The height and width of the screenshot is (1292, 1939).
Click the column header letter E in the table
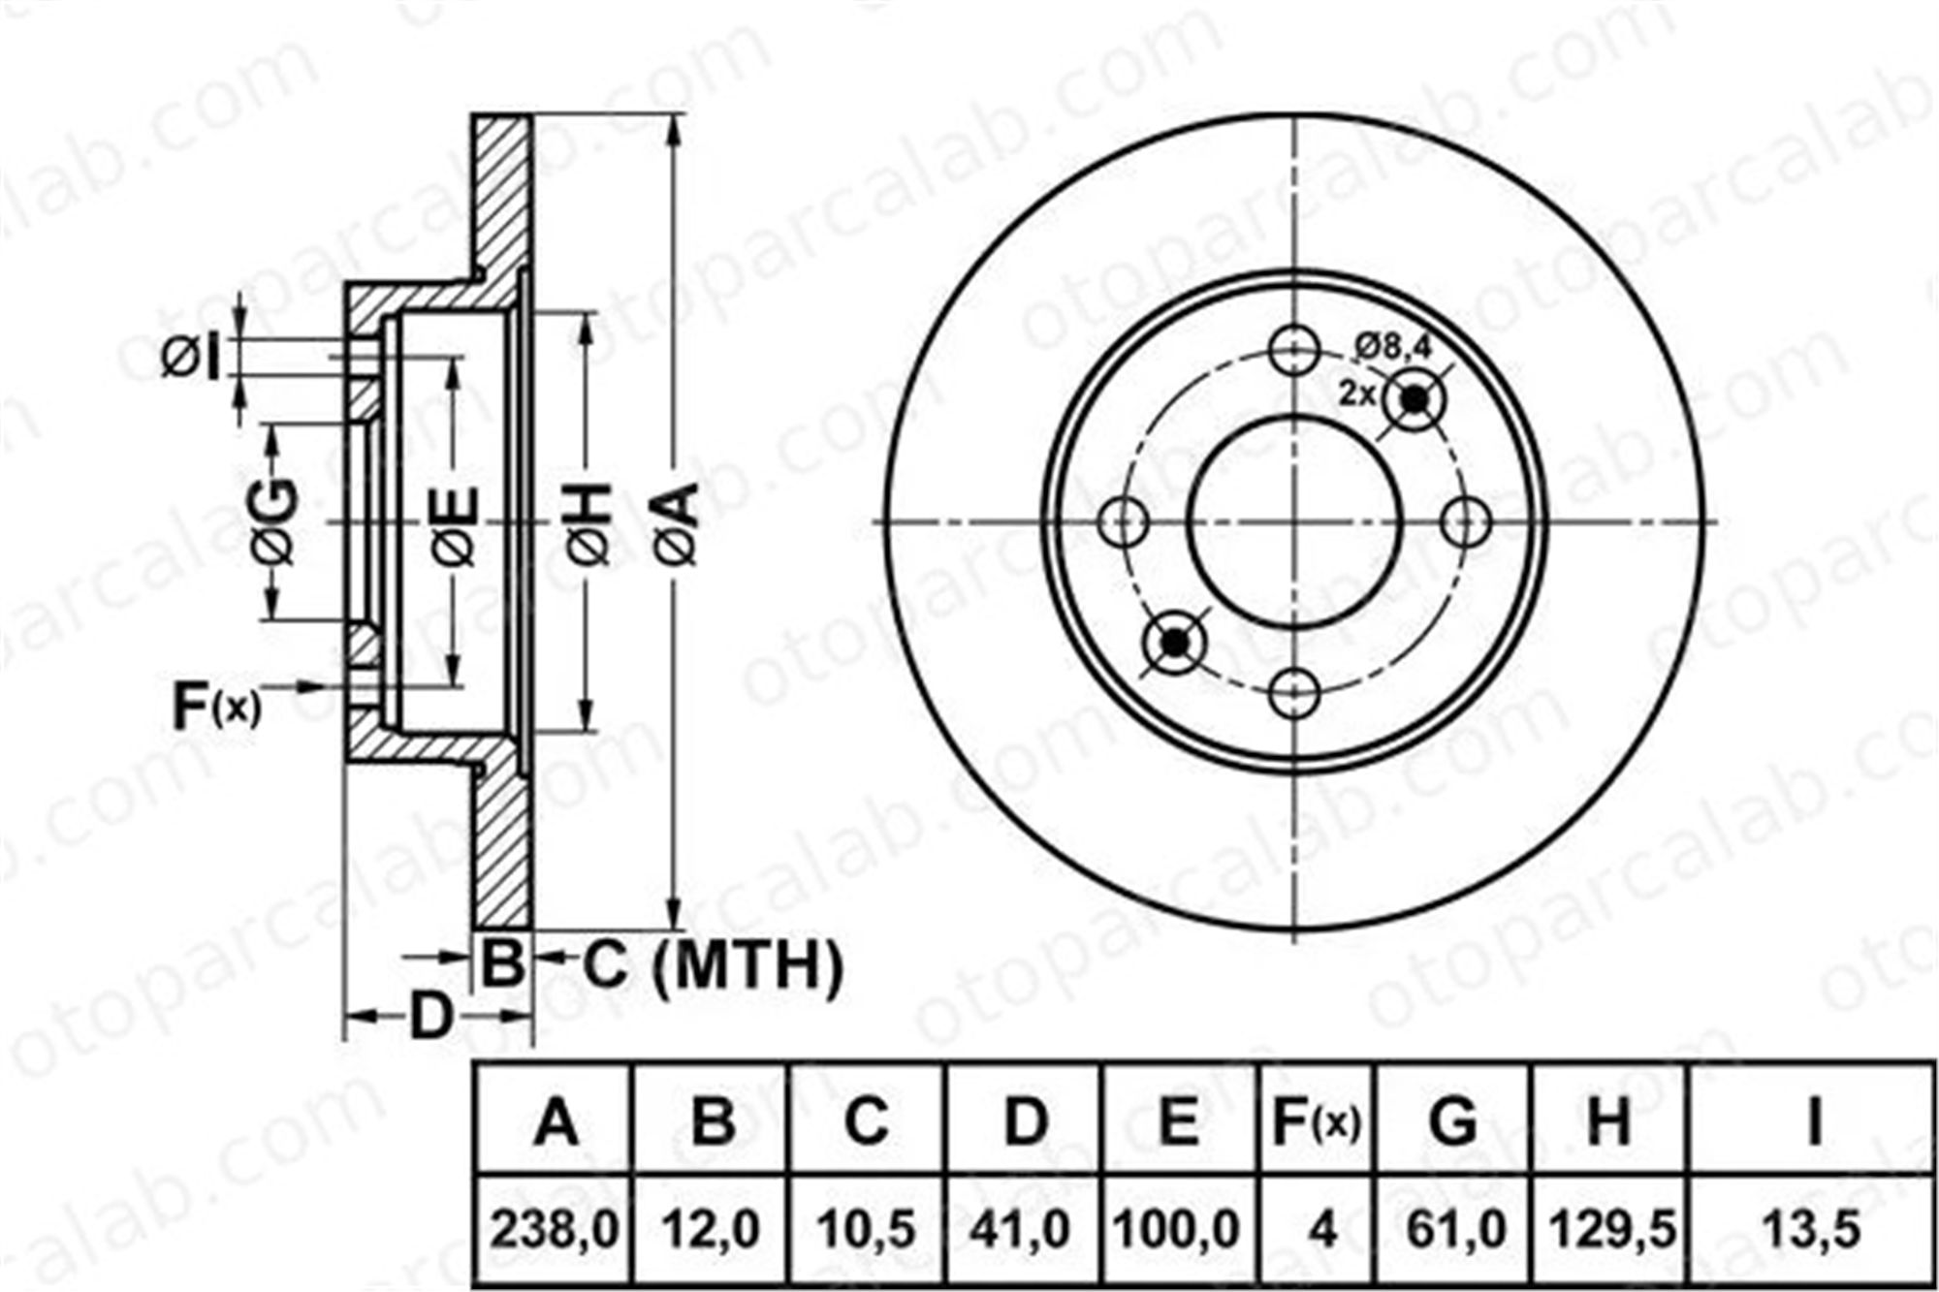tap(1178, 1121)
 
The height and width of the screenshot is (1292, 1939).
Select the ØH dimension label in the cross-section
tap(589, 523)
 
